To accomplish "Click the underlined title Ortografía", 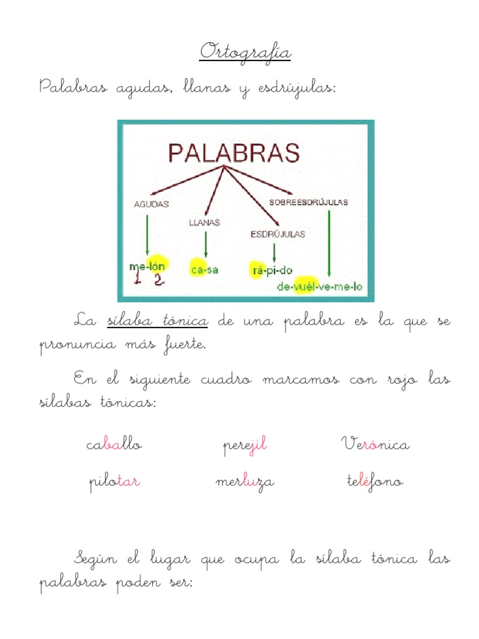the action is [x=245, y=52].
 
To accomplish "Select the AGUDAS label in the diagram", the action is [x=152, y=204].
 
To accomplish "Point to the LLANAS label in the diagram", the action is [x=204, y=222].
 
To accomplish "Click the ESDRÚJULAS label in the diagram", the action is [x=278, y=235].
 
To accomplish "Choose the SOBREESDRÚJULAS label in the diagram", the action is [x=309, y=202].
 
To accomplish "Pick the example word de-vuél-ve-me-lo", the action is [x=323, y=288].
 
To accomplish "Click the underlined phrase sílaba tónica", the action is [x=157, y=321].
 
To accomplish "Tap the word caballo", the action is [x=115, y=445].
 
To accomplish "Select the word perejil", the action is [x=245, y=446].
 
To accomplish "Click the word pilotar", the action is [x=114, y=482].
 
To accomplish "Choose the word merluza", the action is [x=244, y=482].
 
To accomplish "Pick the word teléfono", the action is [x=375, y=482].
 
